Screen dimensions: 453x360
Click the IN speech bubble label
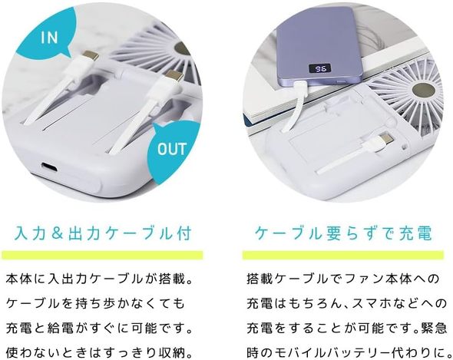[x=49, y=38]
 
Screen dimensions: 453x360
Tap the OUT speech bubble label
[x=172, y=149]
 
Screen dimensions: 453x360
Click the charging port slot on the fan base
[x=48, y=167]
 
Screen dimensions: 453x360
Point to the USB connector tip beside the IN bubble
[x=90, y=55]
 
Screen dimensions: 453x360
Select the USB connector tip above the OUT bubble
[x=174, y=76]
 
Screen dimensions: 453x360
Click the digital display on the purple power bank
[x=320, y=69]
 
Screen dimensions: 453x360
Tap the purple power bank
[x=320, y=47]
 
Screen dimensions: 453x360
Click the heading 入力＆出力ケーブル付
[x=103, y=233]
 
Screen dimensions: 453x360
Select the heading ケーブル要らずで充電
[x=344, y=233]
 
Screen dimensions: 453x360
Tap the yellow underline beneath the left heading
[x=102, y=255]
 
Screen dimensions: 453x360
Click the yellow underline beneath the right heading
[x=343, y=255]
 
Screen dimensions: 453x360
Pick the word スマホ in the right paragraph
[x=373, y=303]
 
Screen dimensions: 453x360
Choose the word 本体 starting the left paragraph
[x=18, y=279]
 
